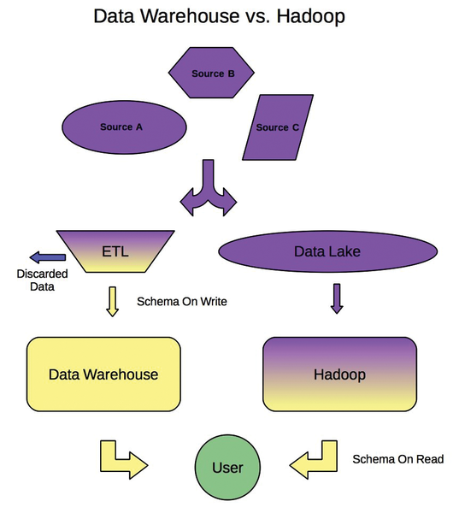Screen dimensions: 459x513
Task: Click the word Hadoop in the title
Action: [311, 16]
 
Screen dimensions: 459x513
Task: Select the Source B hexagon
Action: [211, 73]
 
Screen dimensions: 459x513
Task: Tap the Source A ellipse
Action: [124, 127]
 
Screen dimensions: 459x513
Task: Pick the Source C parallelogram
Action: [278, 127]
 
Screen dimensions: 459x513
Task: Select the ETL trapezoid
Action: [115, 251]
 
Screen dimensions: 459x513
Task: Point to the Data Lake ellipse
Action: [328, 251]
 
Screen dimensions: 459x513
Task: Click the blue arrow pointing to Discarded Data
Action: [48, 257]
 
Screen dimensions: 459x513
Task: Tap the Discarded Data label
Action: [42, 280]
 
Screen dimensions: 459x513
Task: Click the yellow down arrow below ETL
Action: [113, 302]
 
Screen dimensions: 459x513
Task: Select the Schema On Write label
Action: [182, 301]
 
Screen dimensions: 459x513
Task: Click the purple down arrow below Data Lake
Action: [337, 298]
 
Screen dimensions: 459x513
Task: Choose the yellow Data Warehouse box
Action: [103, 374]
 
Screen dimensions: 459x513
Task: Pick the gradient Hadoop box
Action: [339, 374]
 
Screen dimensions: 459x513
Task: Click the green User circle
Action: [227, 467]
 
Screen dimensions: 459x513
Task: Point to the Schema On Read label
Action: [398, 459]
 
